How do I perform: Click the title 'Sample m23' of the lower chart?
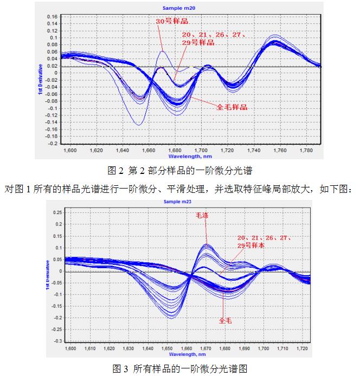pos(179,202)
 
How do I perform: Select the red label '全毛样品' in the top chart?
pos(232,107)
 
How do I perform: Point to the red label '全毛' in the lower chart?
pos(225,320)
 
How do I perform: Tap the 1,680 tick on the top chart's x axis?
pos(175,150)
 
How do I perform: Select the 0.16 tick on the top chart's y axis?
pos(51,17)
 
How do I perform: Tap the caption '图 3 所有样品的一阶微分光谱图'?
pos(179,369)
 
